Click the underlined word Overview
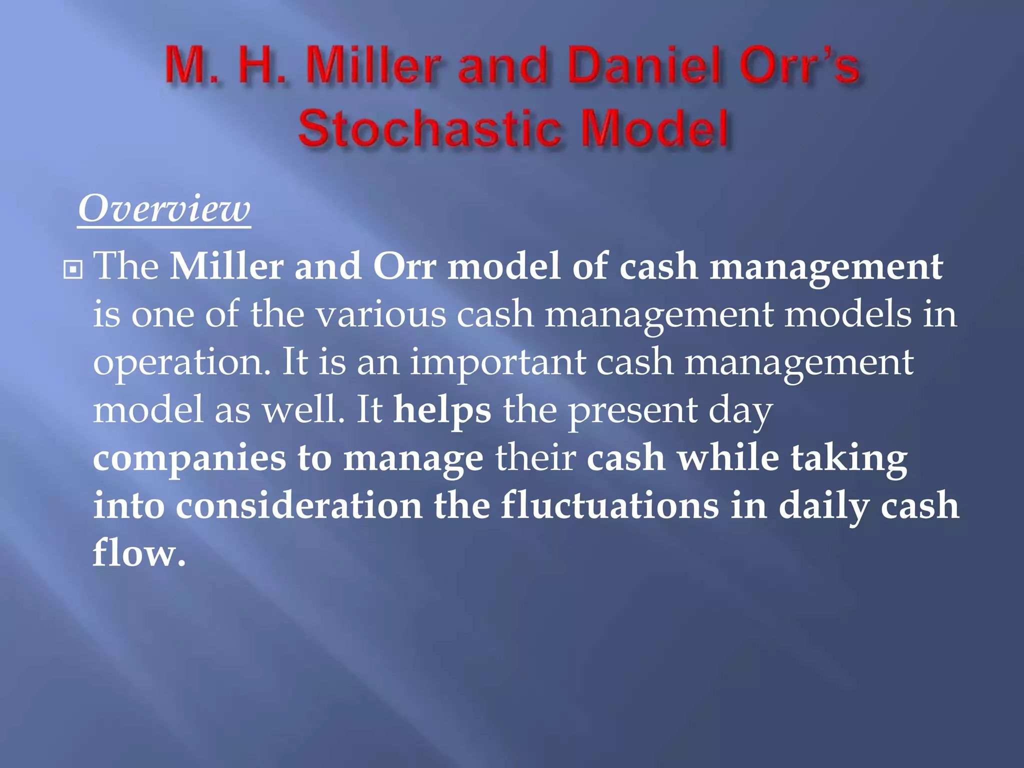pyautogui.click(x=164, y=209)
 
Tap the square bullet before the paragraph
pyautogui.click(x=73, y=270)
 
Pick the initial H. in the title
pyautogui.click(x=262, y=65)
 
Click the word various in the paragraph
pyautogui.click(x=381, y=315)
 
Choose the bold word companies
pyautogui.click(x=189, y=459)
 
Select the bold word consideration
pyautogui.click(x=298, y=506)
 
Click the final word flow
pyautogui.click(x=138, y=553)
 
